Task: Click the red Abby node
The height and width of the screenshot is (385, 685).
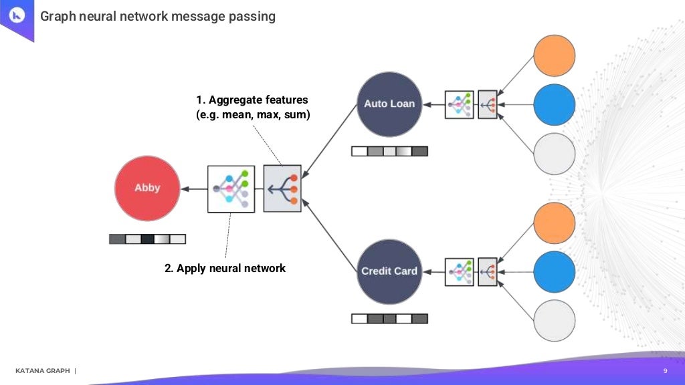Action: [147, 188]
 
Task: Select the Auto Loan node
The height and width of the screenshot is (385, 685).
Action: [389, 104]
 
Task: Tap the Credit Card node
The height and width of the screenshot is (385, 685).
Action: [389, 271]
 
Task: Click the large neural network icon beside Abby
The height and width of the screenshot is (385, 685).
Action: [231, 189]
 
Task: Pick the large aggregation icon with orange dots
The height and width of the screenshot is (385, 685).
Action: [282, 188]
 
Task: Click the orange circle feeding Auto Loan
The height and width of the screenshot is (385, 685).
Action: [555, 55]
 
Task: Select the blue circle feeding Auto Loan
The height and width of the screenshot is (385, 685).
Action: [555, 104]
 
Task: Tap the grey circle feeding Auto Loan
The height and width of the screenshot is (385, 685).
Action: [555, 154]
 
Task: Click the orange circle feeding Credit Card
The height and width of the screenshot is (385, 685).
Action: [555, 223]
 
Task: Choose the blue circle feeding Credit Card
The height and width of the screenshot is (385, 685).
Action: [555, 271]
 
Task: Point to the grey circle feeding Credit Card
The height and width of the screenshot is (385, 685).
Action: [555, 321]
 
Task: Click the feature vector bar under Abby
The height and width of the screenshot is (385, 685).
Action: [147, 239]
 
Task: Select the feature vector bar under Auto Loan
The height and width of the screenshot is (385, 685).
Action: [389, 152]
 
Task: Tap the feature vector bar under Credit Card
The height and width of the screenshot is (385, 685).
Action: [389, 319]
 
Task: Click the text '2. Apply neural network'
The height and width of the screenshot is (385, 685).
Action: [225, 268]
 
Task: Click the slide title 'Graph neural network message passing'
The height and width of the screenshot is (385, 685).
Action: [158, 16]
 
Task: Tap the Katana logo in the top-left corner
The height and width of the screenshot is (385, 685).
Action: [17, 16]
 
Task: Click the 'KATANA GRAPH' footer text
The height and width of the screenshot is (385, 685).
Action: [42, 371]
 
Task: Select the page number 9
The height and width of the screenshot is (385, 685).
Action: [665, 371]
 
